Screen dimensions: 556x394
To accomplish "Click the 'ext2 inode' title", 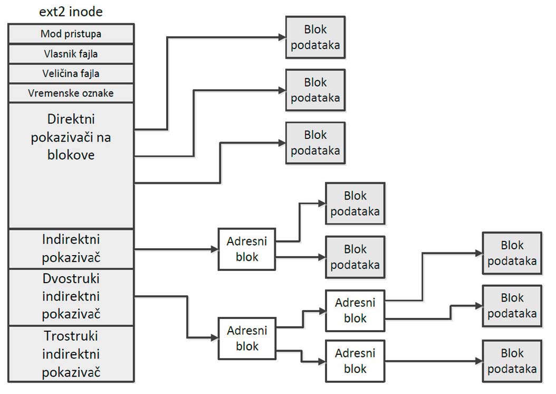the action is (71, 12).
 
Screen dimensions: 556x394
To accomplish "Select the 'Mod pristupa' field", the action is (71, 34).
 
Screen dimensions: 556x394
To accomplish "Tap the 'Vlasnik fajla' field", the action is (71, 54).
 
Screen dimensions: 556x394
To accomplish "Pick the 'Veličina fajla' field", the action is (71, 74).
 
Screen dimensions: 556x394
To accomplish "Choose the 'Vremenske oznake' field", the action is (71, 93).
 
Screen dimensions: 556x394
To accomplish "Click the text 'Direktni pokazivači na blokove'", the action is (71, 137).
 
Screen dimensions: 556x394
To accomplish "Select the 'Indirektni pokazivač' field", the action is (71, 248).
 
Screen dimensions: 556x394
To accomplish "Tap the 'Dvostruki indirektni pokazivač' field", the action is (71, 297).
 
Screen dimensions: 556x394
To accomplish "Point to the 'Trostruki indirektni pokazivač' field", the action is (71, 354).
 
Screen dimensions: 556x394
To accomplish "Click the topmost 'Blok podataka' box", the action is (315, 37).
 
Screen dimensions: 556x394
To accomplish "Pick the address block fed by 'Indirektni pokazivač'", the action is (247, 249).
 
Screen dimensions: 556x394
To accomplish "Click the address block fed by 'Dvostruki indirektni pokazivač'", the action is (247, 339).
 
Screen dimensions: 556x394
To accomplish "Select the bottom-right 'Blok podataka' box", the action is (512, 361).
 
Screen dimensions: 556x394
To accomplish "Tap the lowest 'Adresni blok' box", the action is (355, 361).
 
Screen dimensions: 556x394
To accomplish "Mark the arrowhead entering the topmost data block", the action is (282, 37).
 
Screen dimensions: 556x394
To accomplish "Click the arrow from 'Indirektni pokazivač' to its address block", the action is (176, 249).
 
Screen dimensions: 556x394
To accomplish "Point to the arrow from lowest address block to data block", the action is (434, 361).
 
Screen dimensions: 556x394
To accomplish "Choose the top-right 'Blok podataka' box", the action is (512, 253).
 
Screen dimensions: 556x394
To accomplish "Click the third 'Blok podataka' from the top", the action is (315, 143).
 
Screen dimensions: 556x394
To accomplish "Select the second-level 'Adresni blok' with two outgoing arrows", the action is (355, 311).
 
